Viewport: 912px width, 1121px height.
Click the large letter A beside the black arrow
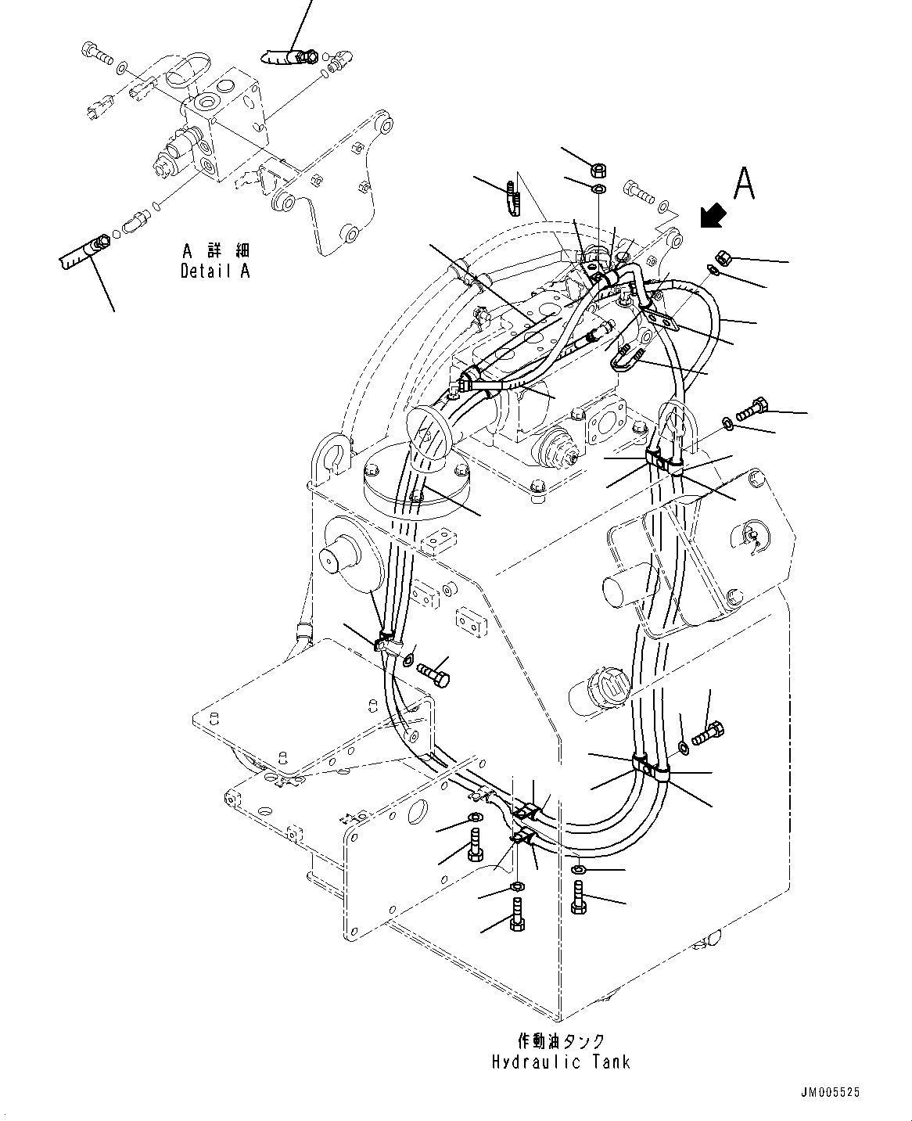click(x=744, y=185)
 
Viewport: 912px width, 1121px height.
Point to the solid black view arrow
click(x=712, y=217)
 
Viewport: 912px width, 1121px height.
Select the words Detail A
click(x=214, y=272)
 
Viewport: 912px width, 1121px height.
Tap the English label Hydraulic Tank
click(x=561, y=1062)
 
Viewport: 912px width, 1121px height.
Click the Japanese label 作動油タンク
click(x=561, y=1040)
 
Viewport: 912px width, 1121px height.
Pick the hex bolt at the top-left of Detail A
click(x=97, y=54)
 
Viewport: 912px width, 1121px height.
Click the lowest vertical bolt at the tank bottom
click(x=516, y=914)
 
